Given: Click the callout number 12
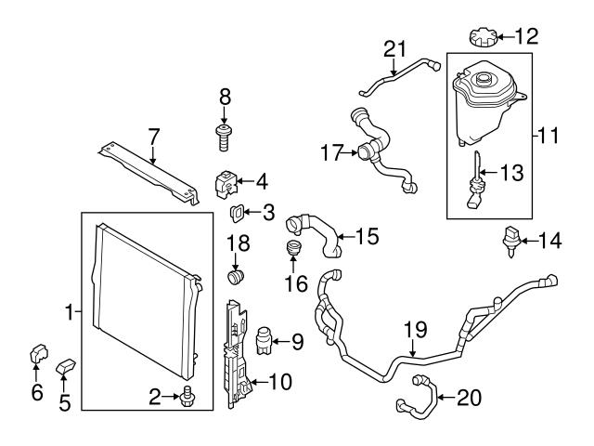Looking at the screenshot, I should click(x=525, y=37).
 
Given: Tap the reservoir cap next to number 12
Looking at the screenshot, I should click(x=484, y=39).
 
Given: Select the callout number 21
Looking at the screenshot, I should click(x=396, y=49).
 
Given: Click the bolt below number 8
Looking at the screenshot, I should click(x=224, y=138).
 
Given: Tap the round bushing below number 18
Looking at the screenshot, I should click(x=237, y=277).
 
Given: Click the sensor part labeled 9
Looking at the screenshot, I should click(x=263, y=340).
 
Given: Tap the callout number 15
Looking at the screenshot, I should click(x=368, y=237).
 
